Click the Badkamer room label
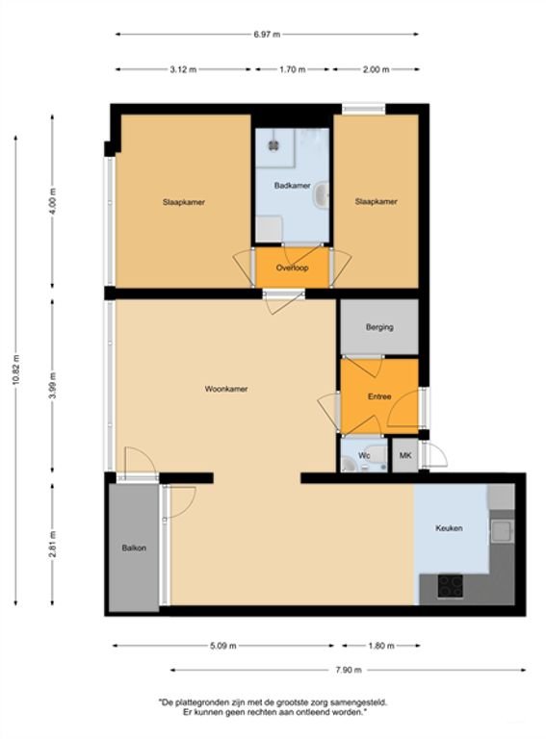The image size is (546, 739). (x=293, y=186)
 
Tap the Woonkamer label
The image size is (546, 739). (x=226, y=389)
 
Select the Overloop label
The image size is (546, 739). (x=293, y=268)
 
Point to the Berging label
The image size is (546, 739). (x=379, y=326)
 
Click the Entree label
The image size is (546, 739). (x=379, y=396)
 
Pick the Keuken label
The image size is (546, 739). (x=449, y=528)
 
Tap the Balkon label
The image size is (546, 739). (x=134, y=548)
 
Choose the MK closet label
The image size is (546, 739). (x=405, y=455)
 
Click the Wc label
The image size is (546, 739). (x=364, y=455)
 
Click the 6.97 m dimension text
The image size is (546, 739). (x=267, y=35)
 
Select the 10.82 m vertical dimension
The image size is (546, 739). (x=16, y=369)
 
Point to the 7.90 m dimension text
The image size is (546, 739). (x=349, y=670)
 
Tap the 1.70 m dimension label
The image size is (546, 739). (x=293, y=69)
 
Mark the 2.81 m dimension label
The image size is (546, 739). (x=52, y=545)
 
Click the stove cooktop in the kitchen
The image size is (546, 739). (x=451, y=586)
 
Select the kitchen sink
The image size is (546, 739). (x=502, y=531)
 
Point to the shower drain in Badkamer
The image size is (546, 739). (x=273, y=145)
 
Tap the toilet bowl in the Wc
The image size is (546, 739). (x=349, y=464)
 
